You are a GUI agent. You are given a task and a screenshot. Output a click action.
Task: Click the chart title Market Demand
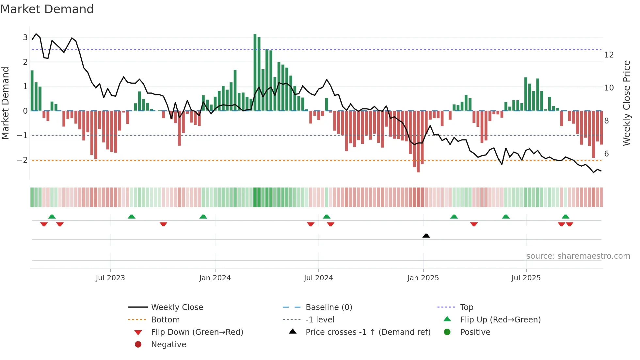[47, 9]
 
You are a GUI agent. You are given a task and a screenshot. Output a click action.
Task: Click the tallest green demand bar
[255, 72]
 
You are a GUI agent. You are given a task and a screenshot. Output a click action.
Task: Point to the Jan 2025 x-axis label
[423, 278]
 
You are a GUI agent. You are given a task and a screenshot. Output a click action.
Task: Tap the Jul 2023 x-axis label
[110, 278]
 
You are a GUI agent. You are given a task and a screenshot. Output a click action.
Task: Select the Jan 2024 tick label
[215, 278]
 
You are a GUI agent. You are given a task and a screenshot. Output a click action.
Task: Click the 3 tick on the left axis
[25, 37]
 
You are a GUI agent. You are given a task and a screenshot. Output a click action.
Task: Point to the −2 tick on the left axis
[22, 160]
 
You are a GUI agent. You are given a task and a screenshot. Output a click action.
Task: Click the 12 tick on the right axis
[609, 55]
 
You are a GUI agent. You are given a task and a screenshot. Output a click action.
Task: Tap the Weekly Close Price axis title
[626, 103]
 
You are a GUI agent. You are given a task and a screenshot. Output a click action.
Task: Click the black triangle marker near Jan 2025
[426, 236]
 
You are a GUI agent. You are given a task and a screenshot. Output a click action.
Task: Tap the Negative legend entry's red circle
[138, 344]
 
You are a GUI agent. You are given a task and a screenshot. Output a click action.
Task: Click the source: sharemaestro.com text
[578, 256]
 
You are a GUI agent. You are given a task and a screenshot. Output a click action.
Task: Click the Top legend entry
[466, 307]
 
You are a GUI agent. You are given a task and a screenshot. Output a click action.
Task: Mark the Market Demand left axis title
[5, 103]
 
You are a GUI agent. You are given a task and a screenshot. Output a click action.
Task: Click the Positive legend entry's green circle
[447, 332]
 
